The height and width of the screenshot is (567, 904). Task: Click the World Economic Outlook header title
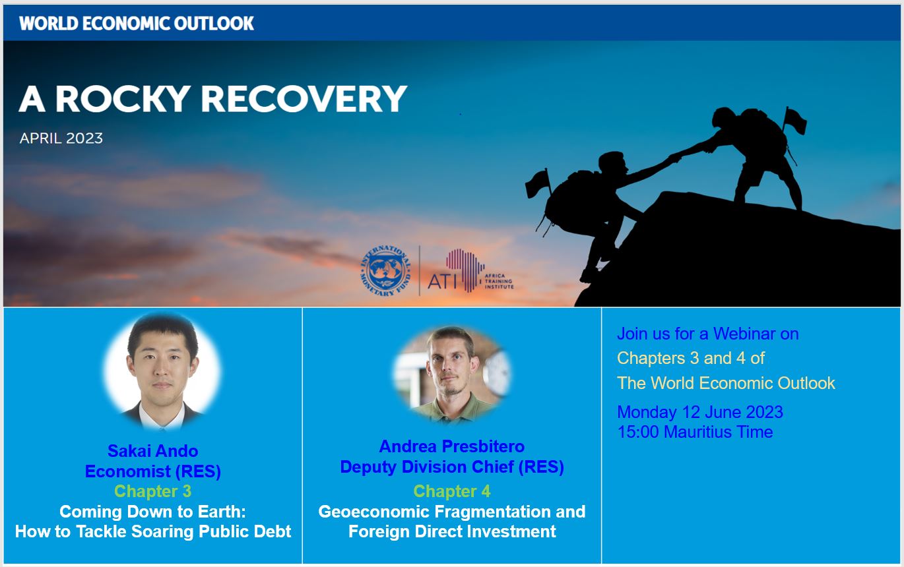(x=137, y=23)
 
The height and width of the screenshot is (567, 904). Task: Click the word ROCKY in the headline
(x=123, y=99)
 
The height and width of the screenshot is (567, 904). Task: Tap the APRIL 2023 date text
(x=61, y=138)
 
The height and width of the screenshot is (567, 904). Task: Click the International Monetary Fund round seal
(x=387, y=270)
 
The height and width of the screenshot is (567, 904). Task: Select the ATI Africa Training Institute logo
(x=470, y=271)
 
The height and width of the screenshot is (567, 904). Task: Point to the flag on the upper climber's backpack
(x=794, y=119)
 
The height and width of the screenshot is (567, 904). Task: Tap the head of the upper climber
(x=725, y=117)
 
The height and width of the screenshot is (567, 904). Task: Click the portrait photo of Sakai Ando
(x=162, y=371)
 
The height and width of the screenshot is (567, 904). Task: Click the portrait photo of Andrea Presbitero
(x=452, y=374)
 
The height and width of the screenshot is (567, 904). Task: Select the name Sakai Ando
(x=152, y=451)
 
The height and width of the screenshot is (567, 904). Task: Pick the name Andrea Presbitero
(x=451, y=446)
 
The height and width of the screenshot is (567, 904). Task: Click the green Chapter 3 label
(x=152, y=491)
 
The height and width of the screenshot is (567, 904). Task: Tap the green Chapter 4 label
(x=451, y=491)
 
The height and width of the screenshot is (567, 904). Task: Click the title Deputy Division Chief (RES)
(x=451, y=467)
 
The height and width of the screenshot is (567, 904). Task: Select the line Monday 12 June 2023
(x=700, y=412)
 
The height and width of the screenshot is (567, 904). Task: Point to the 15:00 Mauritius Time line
(x=695, y=432)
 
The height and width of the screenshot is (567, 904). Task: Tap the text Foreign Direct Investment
(x=452, y=531)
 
